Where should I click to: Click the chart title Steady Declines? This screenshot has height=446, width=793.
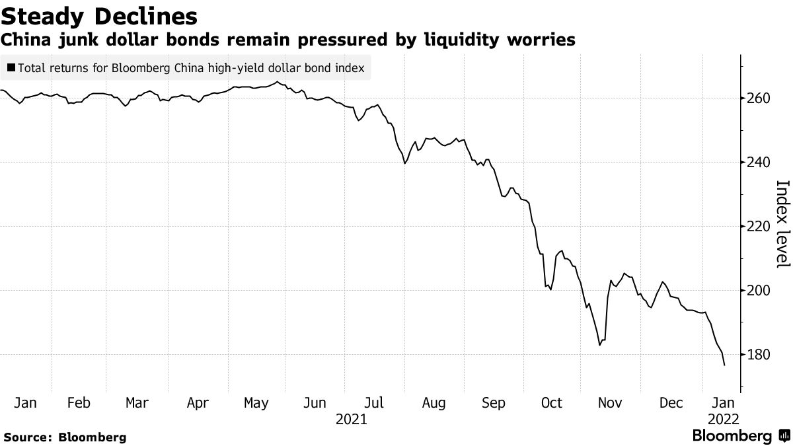click(x=98, y=15)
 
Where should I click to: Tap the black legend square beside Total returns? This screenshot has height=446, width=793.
click(x=12, y=67)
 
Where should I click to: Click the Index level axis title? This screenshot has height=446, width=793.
click(x=782, y=224)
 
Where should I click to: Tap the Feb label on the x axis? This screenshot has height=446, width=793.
click(x=79, y=403)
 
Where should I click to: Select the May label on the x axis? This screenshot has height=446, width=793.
click(x=256, y=403)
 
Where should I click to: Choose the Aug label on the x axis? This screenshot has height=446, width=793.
click(x=434, y=403)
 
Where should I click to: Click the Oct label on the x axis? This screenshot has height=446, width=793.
click(x=551, y=403)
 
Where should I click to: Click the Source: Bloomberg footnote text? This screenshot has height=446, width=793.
click(x=65, y=437)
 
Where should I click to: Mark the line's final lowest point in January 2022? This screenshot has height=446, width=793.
click(x=725, y=365)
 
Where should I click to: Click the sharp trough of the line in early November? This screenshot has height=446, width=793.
click(x=599, y=345)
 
